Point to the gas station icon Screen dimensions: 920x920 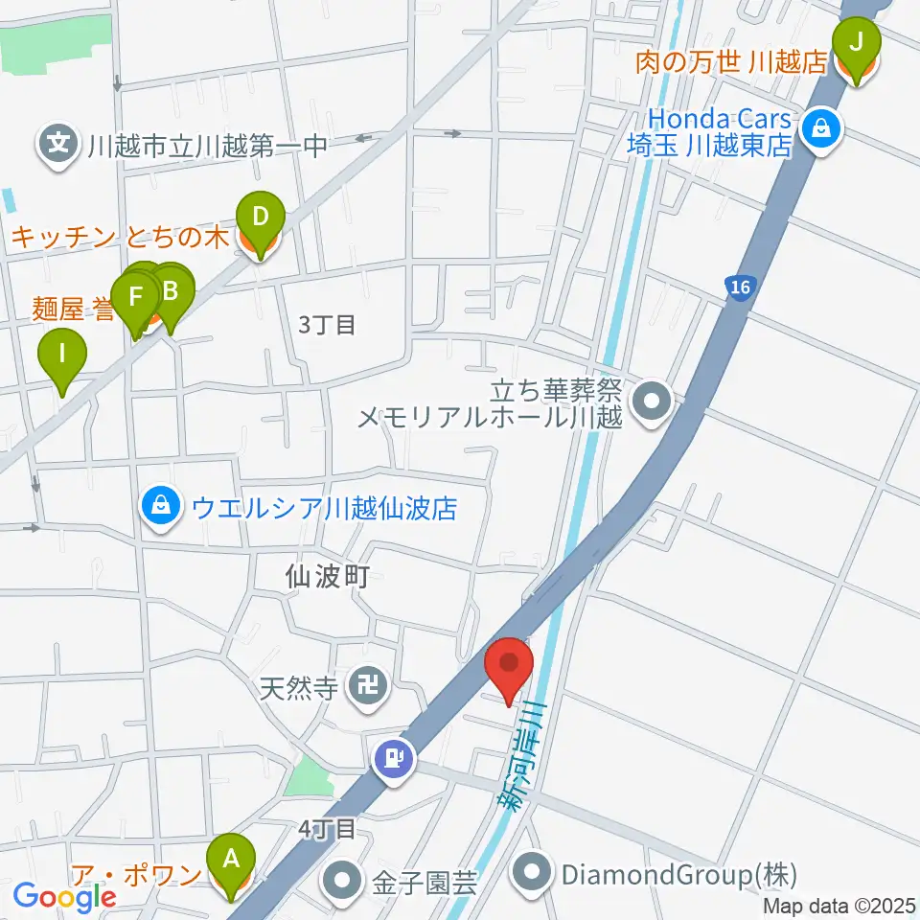click(x=396, y=758)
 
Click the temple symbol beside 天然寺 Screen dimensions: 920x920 click(x=367, y=685)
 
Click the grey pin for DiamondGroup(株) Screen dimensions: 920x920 click(x=532, y=874)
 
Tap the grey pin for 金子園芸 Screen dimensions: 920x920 click(x=341, y=880)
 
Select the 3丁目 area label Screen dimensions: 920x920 click(x=327, y=325)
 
